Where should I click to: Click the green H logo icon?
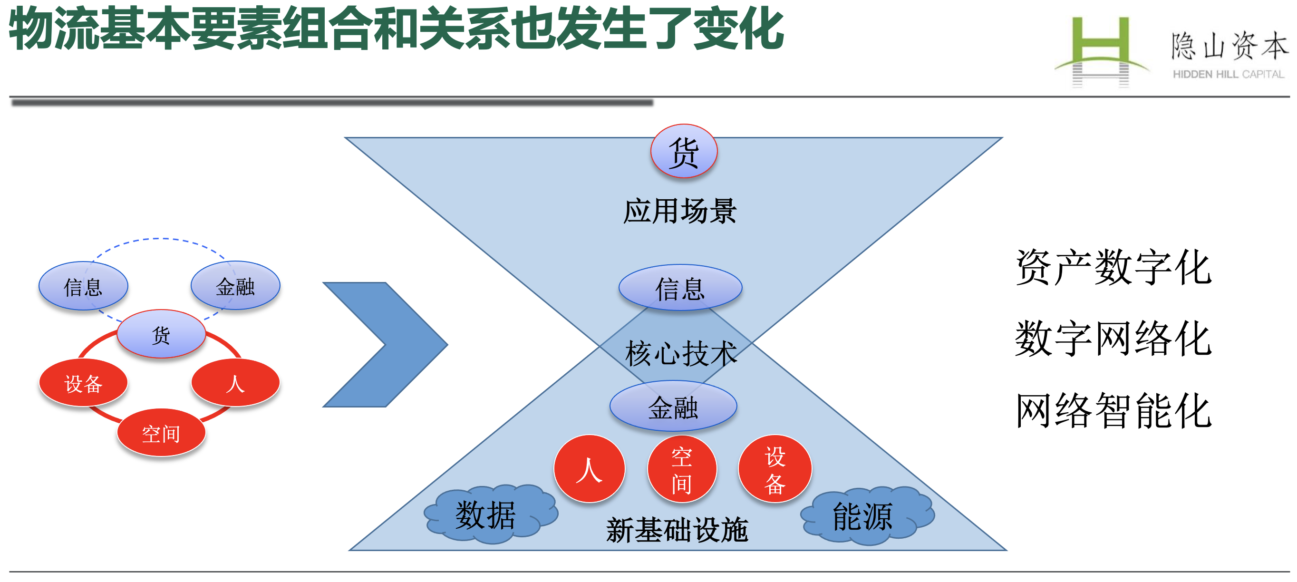tap(1101, 50)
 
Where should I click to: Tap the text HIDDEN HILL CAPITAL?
tap(1229, 75)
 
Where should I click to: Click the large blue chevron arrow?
tap(385, 344)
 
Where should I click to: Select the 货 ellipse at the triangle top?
tap(684, 151)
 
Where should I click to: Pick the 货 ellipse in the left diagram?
tap(161, 334)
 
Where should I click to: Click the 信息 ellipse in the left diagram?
tap(83, 286)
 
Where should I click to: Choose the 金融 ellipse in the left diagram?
tap(235, 285)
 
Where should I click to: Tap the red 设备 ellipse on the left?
tap(83, 383)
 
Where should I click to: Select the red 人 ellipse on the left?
tap(235, 383)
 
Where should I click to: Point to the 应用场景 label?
tap(680, 211)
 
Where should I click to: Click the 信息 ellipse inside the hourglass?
tap(680, 288)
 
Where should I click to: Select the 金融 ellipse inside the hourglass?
tap(673, 406)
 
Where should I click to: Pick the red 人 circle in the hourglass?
tap(589, 469)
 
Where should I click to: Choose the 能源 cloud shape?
tap(867, 515)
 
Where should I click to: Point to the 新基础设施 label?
tap(677, 530)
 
